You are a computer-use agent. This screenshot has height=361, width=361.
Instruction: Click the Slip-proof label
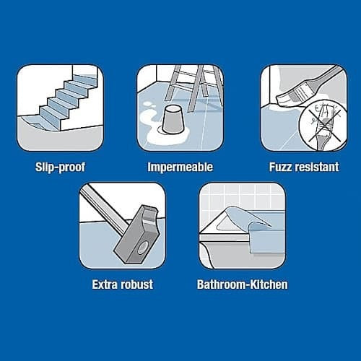click(60, 167)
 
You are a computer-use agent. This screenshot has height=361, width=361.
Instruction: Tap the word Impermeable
click(180, 167)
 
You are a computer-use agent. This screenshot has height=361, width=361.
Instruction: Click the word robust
click(136, 284)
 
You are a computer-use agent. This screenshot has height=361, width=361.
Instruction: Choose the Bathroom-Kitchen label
click(243, 284)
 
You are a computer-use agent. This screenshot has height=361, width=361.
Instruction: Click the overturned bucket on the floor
click(173, 121)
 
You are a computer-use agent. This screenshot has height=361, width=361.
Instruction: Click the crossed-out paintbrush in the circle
click(323, 126)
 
